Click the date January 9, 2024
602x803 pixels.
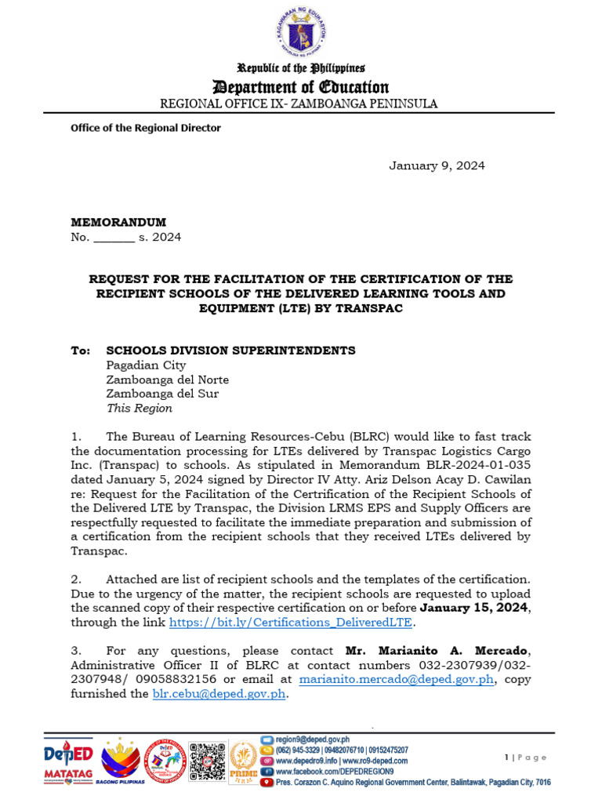(437, 165)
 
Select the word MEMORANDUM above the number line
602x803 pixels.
(118, 222)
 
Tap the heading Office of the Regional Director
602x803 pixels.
(146, 128)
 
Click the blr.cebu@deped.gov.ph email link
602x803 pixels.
(219, 694)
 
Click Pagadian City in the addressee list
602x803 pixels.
(146, 365)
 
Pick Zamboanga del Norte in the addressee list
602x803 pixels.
(167, 380)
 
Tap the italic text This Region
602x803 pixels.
(139, 409)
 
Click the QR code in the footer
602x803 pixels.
(207, 760)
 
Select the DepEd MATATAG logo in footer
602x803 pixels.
(67, 760)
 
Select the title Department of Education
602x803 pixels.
(302, 87)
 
